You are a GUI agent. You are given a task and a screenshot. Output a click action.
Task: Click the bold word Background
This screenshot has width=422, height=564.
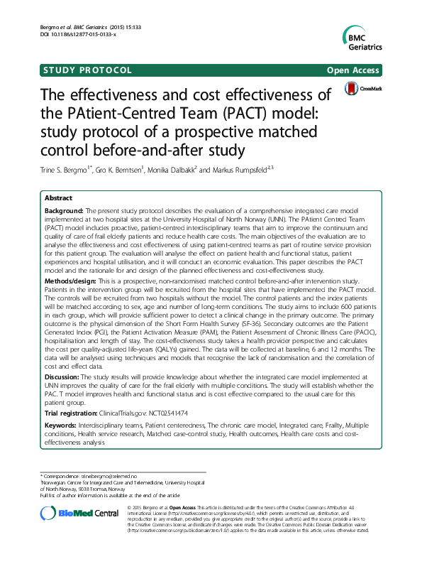[x=63, y=212]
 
